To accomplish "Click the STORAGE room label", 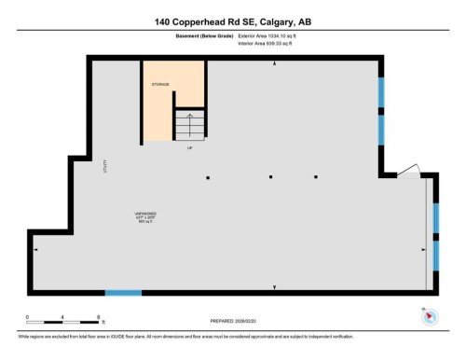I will [x=160, y=84].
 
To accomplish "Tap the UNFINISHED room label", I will [x=144, y=213].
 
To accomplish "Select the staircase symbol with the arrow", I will [x=189, y=125].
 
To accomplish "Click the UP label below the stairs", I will [x=189, y=147].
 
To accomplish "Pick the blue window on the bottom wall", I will [x=123, y=293].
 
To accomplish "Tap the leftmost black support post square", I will [x=208, y=176].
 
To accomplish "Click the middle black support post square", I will [x=269, y=176].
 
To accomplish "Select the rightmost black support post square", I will [x=316, y=176].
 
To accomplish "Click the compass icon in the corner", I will [x=429, y=316].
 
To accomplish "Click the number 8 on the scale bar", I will [x=98, y=317].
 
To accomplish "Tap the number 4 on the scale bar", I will [x=62, y=317].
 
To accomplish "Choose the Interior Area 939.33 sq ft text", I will [x=271, y=43].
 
